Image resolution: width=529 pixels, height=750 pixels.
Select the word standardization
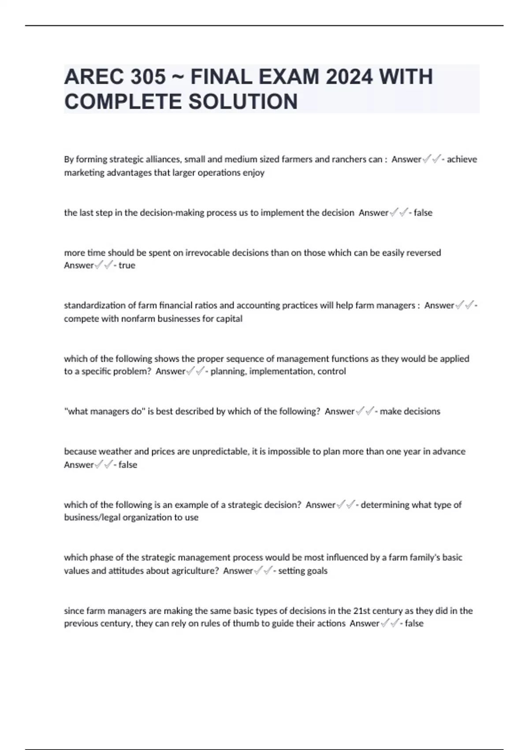[x=95, y=305]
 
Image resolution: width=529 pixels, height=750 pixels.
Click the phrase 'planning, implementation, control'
[x=278, y=371]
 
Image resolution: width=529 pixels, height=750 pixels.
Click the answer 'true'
[x=127, y=266]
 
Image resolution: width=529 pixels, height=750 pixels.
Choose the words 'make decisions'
[x=410, y=412]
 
